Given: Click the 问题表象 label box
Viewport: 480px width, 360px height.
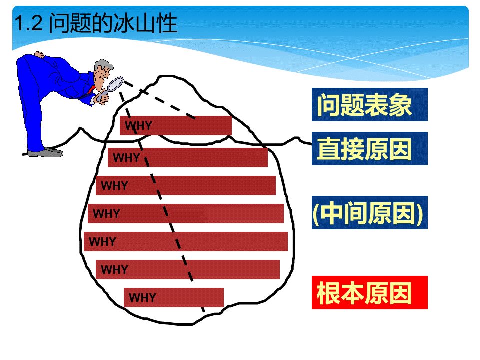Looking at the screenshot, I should click(x=369, y=105).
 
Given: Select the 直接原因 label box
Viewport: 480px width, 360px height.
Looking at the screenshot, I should click(x=369, y=149).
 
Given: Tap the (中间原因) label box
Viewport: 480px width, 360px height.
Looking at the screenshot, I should click(x=369, y=213).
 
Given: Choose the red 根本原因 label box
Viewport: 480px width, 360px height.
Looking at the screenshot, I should click(x=369, y=293).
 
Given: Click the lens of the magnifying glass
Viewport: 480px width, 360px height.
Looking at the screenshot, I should click(x=116, y=84).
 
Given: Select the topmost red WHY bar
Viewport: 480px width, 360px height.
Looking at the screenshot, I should click(x=175, y=125).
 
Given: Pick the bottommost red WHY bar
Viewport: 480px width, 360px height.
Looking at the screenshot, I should click(x=173, y=298).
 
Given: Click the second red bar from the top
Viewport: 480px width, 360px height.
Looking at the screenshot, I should click(x=187, y=158).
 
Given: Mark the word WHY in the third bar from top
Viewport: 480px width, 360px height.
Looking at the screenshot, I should click(x=115, y=186).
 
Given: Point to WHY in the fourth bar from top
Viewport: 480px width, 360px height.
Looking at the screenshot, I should click(x=107, y=214).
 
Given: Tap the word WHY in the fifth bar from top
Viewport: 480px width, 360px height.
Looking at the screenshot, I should click(x=103, y=242).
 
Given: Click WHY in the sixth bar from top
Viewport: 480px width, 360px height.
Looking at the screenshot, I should click(x=115, y=270).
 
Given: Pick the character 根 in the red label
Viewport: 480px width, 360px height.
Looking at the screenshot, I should click(x=328, y=293).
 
